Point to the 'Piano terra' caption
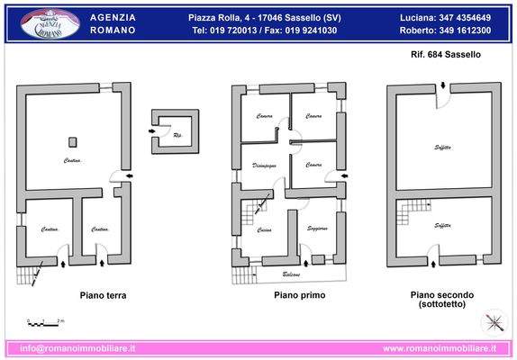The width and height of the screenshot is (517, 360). [103, 295]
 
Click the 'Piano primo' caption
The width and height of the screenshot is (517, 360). [299, 295]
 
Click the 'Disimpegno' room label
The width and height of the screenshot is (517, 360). [264, 165]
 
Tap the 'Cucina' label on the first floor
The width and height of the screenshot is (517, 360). [265, 231]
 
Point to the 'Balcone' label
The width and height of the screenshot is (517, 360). [291, 274]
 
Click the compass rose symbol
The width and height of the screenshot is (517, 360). [494, 323]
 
